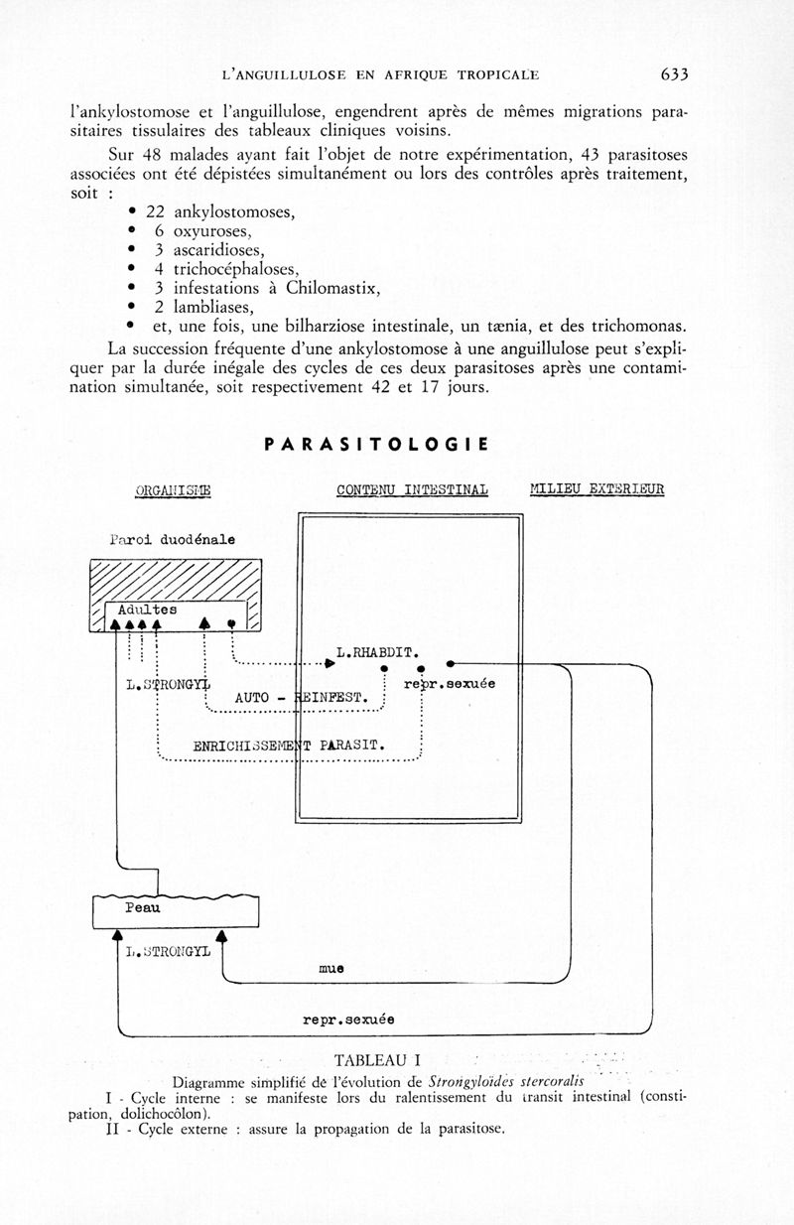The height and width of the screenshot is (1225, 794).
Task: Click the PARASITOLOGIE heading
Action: (376, 444)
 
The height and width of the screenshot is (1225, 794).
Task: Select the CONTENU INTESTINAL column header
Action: (412, 489)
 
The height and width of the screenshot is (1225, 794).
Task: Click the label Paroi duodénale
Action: (172, 539)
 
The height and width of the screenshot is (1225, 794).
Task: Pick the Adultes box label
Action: (147, 610)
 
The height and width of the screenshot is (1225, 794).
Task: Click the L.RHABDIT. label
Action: (376, 654)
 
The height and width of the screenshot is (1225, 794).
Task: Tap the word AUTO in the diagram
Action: (252, 698)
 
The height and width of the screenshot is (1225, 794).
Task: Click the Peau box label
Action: (142, 908)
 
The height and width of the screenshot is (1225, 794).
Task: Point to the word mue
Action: (331, 967)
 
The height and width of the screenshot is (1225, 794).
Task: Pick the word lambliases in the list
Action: (213, 308)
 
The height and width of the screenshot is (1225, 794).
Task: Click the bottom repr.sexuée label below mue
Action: (348, 1020)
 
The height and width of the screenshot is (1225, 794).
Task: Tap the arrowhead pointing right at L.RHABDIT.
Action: (329, 662)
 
